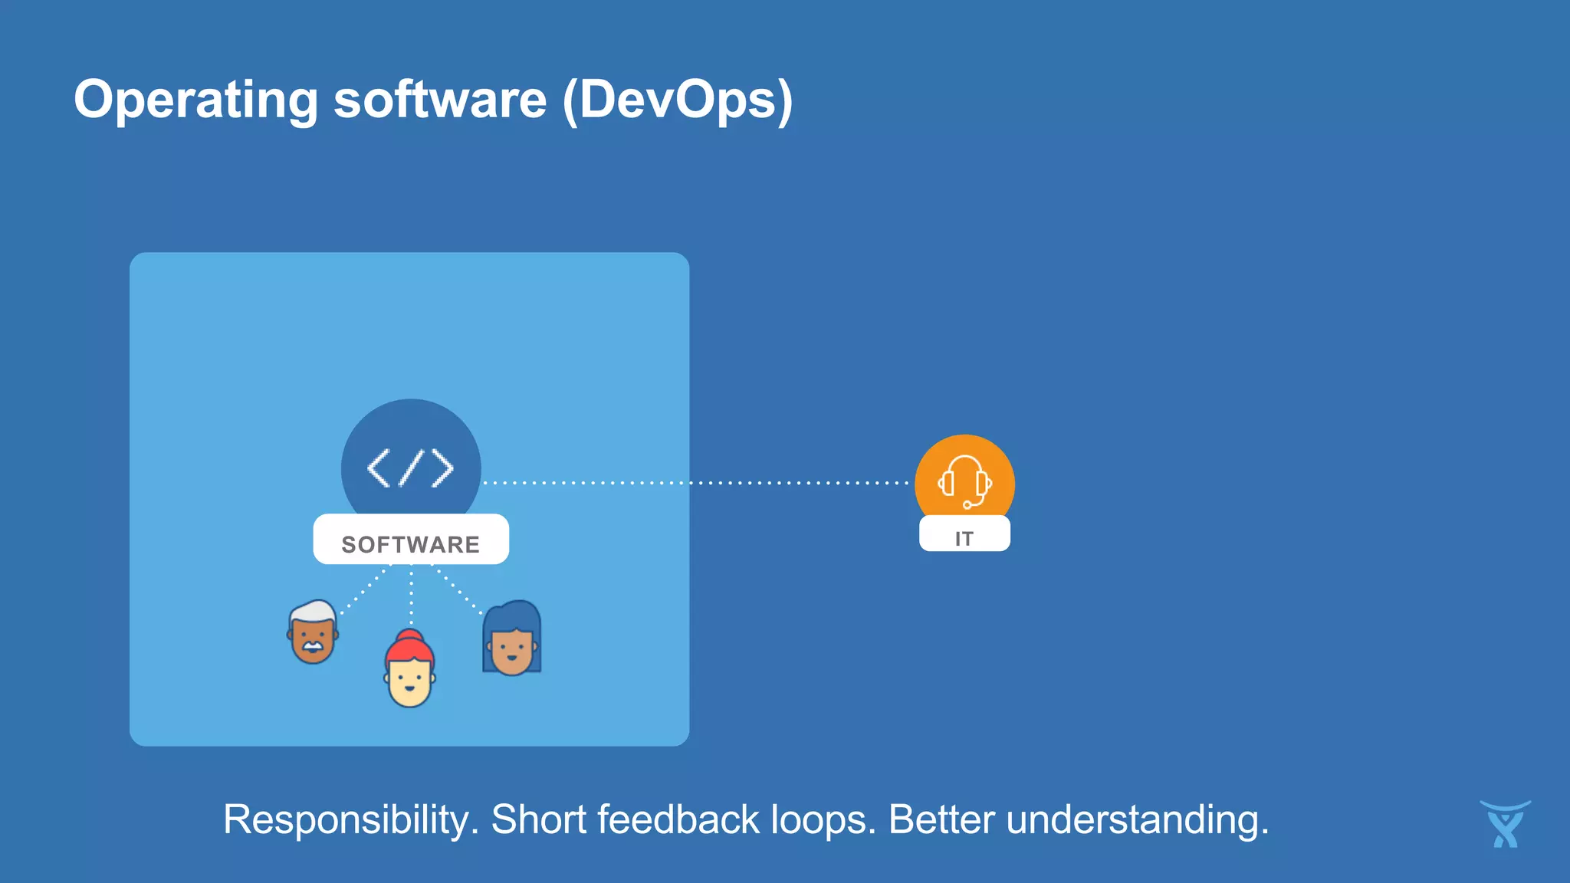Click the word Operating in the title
[195, 100]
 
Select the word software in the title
[440, 100]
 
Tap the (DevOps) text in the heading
[678, 100]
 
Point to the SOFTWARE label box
[411, 540]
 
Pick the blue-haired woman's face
[512, 648]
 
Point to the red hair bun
[409, 635]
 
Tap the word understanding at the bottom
[1137, 820]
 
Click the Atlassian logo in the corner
[1505, 825]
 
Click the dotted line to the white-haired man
[364, 590]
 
